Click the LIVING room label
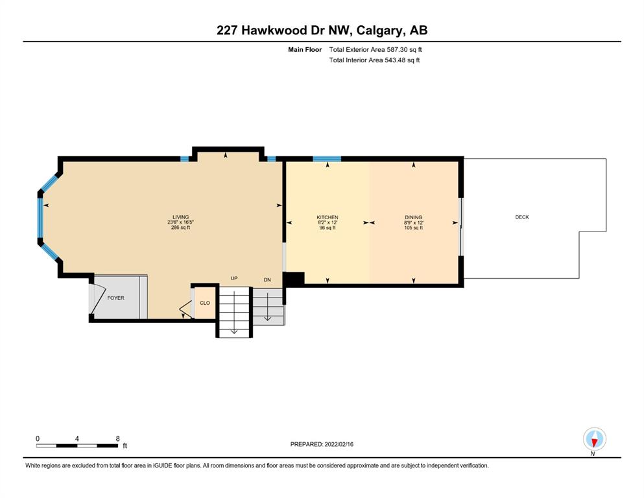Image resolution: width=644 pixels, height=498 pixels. (181, 217)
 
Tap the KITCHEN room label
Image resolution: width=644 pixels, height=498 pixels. (328, 217)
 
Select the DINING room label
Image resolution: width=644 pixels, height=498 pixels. (414, 217)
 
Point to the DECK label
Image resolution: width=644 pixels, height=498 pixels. (522, 217)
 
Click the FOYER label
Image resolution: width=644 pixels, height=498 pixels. (116, 298)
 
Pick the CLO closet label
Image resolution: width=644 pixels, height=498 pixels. (205, 303)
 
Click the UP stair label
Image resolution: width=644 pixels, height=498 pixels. (234, 278)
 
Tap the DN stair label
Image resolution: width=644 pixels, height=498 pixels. (267, 280)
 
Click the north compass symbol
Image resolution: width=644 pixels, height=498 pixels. (594, 440)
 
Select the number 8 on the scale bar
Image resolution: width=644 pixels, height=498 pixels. (118, 438)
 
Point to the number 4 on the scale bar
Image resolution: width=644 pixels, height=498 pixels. (77, 438)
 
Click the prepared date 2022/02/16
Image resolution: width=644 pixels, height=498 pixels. (339, 444)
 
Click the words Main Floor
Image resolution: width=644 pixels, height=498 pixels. (305, 50)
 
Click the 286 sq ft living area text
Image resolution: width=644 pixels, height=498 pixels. (181, 228)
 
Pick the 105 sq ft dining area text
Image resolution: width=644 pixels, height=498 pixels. (414, 228)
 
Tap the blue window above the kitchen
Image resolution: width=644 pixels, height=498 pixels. (327, 159)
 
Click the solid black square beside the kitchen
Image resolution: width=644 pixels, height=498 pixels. (294, 279)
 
